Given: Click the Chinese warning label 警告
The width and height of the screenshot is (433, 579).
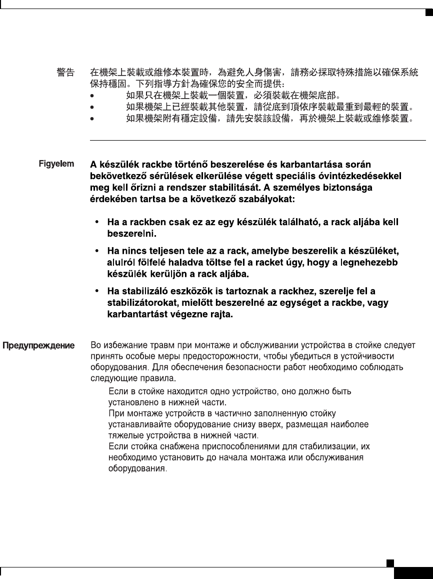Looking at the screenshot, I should tap(65, 73).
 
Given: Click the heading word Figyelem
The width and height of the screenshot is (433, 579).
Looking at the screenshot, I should tap(57, 163).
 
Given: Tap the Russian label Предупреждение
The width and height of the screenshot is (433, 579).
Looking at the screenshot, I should tap(39, 345).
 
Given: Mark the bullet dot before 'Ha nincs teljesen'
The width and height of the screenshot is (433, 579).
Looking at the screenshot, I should tap(96, 250).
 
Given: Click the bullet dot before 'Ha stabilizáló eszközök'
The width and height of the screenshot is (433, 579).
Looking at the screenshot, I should tap(96, 291).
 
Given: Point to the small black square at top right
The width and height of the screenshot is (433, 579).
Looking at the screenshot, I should tap(428, 13).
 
